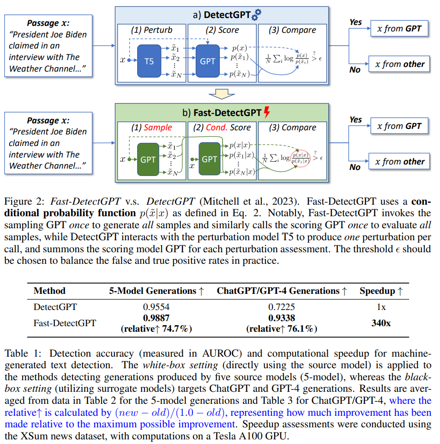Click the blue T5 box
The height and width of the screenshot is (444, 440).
pos(149,61)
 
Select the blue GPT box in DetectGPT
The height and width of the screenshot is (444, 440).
pos(208,61)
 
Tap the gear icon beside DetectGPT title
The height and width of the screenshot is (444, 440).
pos(256,15)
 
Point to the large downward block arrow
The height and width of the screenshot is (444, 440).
pos(222,95)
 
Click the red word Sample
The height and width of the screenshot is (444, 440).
pos(157,128)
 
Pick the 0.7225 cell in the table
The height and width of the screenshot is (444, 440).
pos(282,306)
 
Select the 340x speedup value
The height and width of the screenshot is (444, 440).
pos(381,323)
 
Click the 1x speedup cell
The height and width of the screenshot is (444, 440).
pos(381,306)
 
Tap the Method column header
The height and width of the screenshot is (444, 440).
pos(49,291)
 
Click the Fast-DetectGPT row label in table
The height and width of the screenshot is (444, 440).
pos(65,323)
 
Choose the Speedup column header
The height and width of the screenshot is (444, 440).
pos(381,291)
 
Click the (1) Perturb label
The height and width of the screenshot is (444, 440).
pos(151,30)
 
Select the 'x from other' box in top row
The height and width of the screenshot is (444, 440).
pos(399,64)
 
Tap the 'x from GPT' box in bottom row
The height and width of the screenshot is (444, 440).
pos(399,126)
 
